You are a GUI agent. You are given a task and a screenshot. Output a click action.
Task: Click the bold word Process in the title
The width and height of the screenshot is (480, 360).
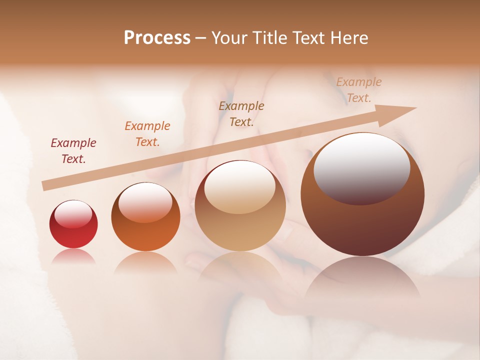point(157,38)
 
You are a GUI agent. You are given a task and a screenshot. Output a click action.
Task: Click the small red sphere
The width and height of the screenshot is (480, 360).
point(73,224)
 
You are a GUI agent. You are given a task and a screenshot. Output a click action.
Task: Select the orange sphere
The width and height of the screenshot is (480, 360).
point(145,217)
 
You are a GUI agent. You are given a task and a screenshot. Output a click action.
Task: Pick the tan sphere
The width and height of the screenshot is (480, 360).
point(240,205)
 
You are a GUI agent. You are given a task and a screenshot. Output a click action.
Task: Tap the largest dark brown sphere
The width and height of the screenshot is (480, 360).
point(362,194)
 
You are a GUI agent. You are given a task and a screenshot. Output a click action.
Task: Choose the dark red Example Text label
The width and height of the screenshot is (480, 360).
point(73,151)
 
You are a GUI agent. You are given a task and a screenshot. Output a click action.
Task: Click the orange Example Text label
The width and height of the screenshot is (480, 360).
point(147,134)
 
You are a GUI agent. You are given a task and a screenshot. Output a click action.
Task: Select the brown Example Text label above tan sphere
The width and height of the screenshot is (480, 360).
point(241,114)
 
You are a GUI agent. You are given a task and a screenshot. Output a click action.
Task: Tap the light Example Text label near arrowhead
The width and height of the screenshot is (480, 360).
point(359,90)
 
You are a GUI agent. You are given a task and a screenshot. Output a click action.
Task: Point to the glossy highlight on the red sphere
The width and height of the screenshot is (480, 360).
point(73,215)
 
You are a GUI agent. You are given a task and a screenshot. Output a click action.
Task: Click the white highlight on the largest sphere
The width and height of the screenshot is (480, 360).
point(361,167)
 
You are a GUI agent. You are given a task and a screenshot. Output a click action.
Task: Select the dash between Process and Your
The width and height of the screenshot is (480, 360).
point(201,38)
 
